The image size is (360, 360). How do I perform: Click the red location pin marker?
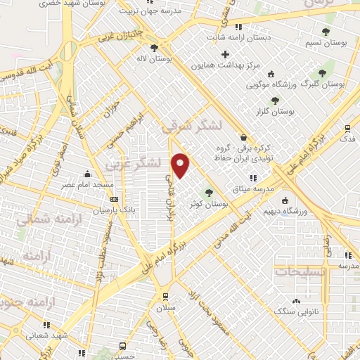[181, 165]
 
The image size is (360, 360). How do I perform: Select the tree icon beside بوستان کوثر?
[208, 193]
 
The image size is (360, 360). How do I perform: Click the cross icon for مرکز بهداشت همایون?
[225, 54]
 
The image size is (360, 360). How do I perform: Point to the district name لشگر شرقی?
[191, 126]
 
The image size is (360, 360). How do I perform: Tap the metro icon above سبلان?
[165, 296]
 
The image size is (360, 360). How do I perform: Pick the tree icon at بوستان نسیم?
[325, 32]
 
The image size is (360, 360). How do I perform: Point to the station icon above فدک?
[347, 128]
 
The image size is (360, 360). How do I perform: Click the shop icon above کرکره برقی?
[243, 136]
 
